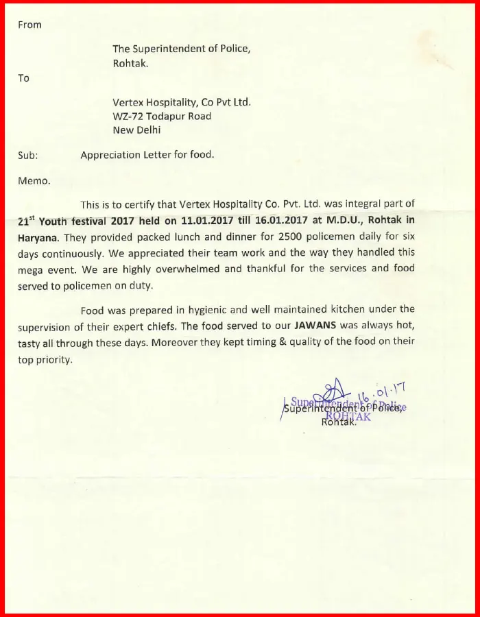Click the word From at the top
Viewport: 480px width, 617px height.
coord(29,25)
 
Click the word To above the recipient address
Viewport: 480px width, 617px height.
coord(24,78)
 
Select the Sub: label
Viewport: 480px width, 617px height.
coord(28,156)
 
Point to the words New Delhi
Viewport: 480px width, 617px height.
coord(137,130)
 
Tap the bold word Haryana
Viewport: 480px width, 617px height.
coord(38,237)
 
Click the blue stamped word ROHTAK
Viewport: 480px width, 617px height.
coord(348,415)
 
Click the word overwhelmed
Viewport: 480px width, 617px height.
coord(186,269)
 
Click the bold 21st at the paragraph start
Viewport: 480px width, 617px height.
coord(25,221)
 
